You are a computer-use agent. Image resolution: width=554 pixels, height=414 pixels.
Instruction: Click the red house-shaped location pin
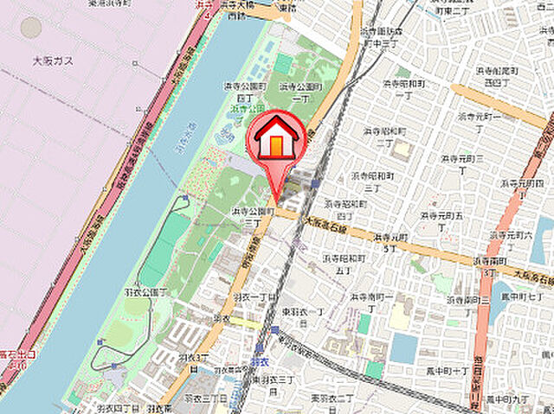(276, 138)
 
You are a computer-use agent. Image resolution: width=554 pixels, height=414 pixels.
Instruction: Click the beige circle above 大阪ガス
(31, 27)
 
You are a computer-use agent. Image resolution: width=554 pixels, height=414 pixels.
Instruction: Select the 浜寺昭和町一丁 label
(403, 91)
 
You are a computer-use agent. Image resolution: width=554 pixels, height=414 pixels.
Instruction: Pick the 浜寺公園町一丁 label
(300, 92)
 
